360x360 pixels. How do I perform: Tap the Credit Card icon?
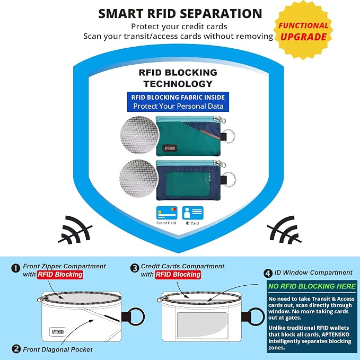pos(166,213)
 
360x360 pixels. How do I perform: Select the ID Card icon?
pos(192,213)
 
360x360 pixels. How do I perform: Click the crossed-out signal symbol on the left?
pos(76,230)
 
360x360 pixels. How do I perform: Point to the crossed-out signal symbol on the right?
pos(285,230)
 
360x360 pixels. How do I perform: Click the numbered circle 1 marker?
pos(15,268)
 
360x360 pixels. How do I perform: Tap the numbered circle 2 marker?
pos(16,349)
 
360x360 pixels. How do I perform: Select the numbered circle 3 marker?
pos(135,268)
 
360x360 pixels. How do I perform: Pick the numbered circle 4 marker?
pos(268,273)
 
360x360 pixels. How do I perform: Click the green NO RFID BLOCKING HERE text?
pos(312,286)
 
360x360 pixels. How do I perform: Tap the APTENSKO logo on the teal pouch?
pos(170,148)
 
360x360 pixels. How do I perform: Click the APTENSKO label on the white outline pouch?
pos(58,332)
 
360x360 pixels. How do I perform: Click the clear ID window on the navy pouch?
pos(188,184)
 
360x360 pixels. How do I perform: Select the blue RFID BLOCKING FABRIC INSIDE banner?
pos(178,102)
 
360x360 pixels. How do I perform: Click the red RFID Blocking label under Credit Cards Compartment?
pos(178,274)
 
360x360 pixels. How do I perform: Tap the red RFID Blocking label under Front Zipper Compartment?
pos(60,274)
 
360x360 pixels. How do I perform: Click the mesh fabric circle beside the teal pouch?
pos(139,135)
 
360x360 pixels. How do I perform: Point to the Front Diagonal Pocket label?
pos(58,349)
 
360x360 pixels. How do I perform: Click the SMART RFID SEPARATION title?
pos(180,14)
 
